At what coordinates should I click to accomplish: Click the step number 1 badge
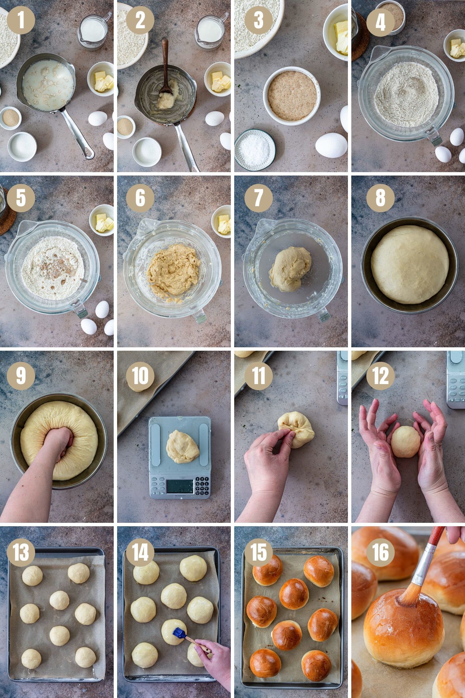tap(21, 19)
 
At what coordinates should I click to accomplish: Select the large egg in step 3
tap(331, 145)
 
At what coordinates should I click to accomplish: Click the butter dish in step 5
tap(102, 220)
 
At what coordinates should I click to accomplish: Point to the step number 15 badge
tap(259, 552)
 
